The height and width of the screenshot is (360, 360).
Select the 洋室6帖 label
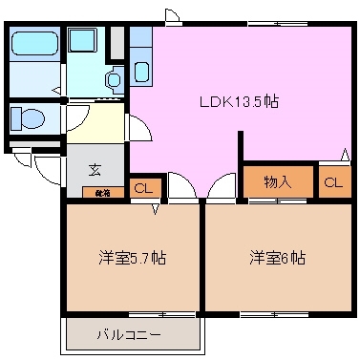pos(278,258)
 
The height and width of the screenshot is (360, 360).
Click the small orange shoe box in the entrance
pos(101,192)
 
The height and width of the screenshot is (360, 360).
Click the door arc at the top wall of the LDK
pos(172,14)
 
